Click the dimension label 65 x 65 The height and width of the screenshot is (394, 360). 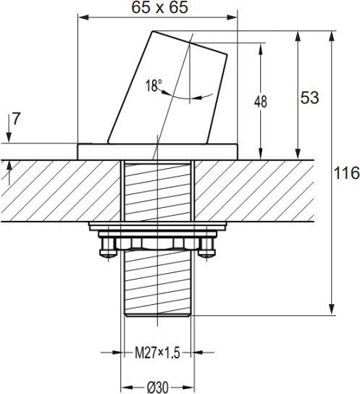coord(160,7)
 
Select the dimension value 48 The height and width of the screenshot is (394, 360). coord(261,102)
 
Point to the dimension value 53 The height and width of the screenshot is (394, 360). coord(310,98)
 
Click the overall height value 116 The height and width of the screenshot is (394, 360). coord(346,173)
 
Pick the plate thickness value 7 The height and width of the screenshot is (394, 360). coord(16,119)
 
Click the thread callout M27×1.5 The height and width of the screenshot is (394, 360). coord(157,353)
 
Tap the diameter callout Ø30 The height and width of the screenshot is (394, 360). coord(158,387)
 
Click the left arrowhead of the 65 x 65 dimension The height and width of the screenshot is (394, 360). coord(83,17)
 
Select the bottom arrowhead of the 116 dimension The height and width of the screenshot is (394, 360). coord(332,309)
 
